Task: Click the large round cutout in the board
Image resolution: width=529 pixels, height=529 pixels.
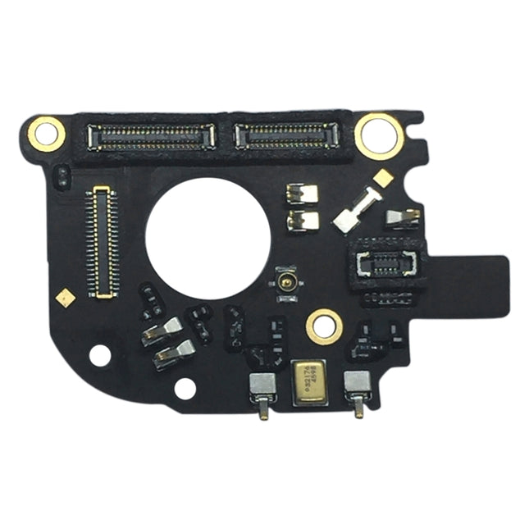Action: pyautogui.click(x=207, y=238)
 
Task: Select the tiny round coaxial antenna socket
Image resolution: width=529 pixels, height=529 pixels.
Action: pyautogui.click(x=287, y=282)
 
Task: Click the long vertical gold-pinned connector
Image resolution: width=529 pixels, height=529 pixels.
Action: pyautogui.click(x=101, y=241)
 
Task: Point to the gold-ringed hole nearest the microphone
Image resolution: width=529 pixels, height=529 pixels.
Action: pyautogui.click(x=324, y=326)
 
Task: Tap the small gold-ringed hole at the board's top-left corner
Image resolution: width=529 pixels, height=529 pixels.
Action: pyautogui.click(x=47, y=133)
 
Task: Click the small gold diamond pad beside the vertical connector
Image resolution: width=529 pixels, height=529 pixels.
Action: pyautogui.click(x=65, y=297)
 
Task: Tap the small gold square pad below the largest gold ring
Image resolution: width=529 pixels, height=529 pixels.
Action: pyautogui.click(x=382, y=176)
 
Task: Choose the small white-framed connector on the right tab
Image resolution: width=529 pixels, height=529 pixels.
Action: pyautogui.click(x=386, y=263)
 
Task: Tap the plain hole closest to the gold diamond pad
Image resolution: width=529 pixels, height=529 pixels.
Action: pyautogui.click(x=99, y=355)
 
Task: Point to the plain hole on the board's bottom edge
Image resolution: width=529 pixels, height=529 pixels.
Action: pyautogui.click(x=185, y=388)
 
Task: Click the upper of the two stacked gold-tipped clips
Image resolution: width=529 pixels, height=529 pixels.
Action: pyautogui.click(x=162, y=331)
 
